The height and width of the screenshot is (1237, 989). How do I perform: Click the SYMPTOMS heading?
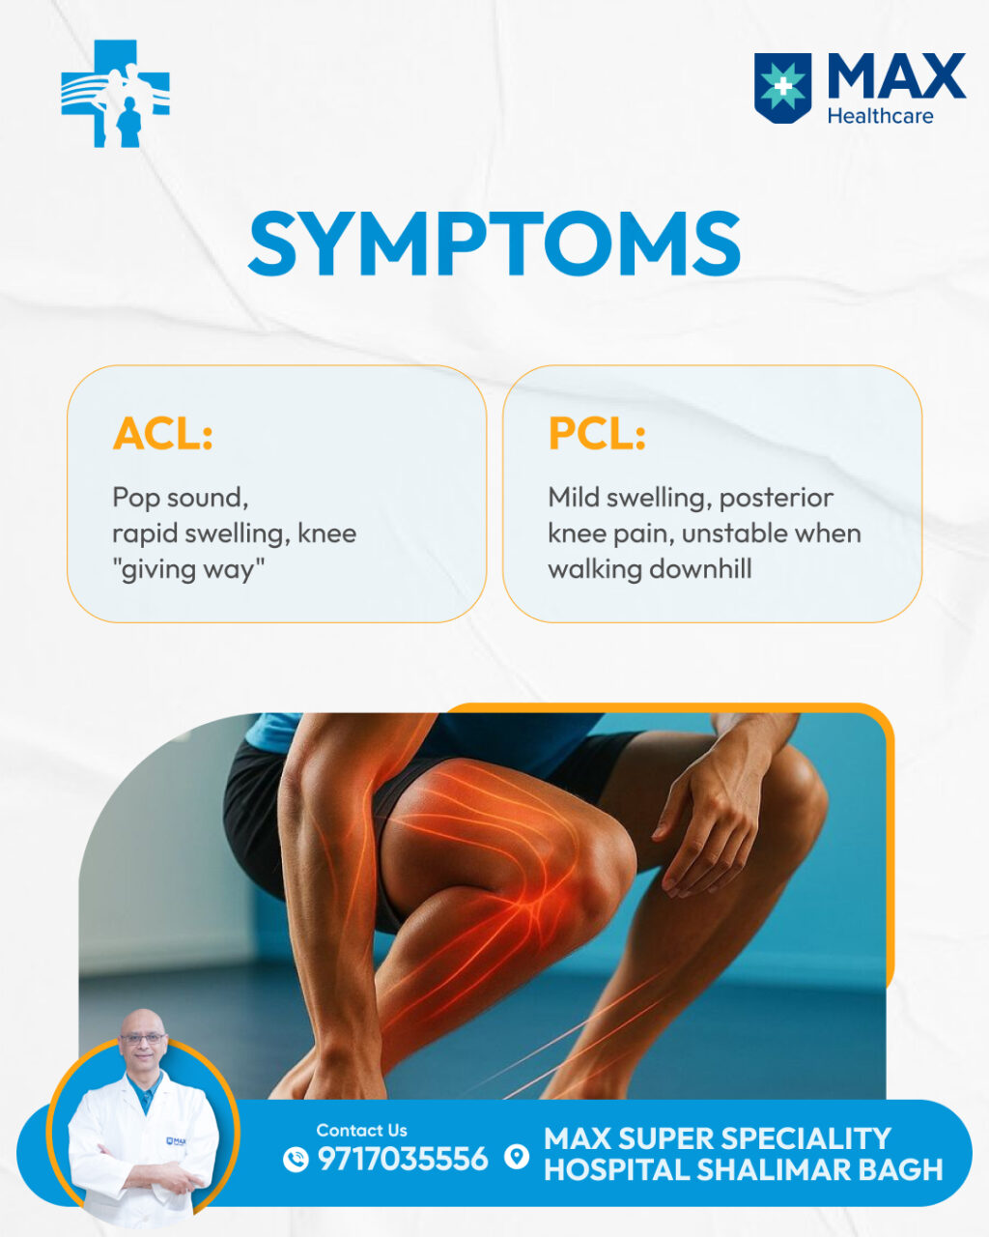(x=494, y=244)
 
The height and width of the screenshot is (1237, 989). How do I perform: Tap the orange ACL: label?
(x=162, y=433)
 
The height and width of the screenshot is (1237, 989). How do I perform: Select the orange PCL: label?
(x=597, y=433)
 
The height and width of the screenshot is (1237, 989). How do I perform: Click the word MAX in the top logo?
(x=896, y=76)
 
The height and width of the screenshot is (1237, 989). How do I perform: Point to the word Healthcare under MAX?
(x=881, y=116)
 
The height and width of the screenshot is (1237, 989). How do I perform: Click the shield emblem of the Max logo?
(x=782, y=88)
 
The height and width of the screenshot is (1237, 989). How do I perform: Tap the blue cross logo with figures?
(x=116, y=93)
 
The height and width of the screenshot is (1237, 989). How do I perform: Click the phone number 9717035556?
(x=403, y=1159)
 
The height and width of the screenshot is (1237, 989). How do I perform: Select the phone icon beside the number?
(x=296, y=1160)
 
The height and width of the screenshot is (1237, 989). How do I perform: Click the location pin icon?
(x=517, y=1157)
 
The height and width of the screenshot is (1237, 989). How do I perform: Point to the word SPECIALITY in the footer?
(x=805, y=1137)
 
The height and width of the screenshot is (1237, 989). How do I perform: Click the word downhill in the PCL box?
(x=700, y=569)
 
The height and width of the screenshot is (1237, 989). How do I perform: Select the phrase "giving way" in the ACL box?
(x=188, y=570)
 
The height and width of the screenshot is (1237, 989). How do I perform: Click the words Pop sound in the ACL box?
(x=180, y=498)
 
